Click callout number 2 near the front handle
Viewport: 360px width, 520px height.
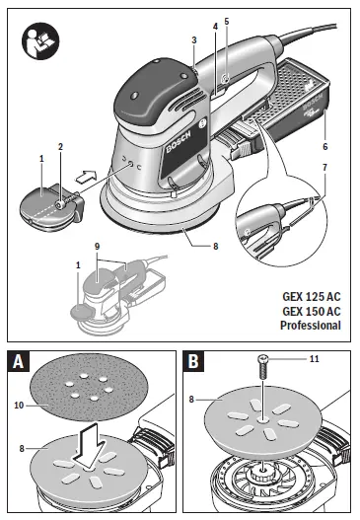pyautogui.click(x=60, y=147)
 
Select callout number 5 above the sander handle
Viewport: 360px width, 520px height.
pyautogui.click(x=226, y=21)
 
